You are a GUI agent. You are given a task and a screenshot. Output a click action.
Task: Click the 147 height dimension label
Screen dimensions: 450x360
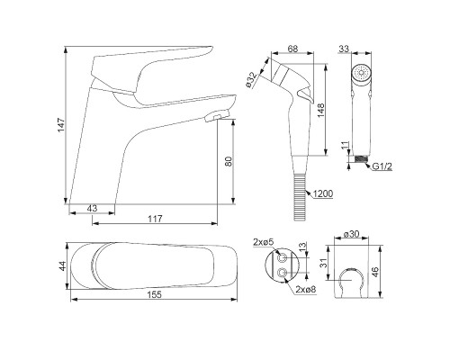[x=61, y=125]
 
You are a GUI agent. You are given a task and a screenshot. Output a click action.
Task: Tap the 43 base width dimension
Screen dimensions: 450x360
[x=93, y=208]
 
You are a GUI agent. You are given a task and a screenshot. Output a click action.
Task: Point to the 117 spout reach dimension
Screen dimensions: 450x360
[x=155, y=219]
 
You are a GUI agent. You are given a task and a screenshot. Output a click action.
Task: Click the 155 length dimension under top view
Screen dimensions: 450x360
[x=155, y=294]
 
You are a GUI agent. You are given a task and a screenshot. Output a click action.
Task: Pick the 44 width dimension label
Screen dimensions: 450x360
[x=62, y=266]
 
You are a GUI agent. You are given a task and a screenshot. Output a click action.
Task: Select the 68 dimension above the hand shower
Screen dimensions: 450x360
[x=292, y=49]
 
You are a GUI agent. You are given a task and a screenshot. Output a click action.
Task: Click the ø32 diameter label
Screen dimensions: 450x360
[x=251, y=80]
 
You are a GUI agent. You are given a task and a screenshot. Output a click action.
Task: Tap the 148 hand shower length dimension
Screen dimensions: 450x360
[x=320, y=111]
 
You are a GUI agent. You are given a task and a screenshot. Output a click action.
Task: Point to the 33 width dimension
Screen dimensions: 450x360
[x=344, y=49]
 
